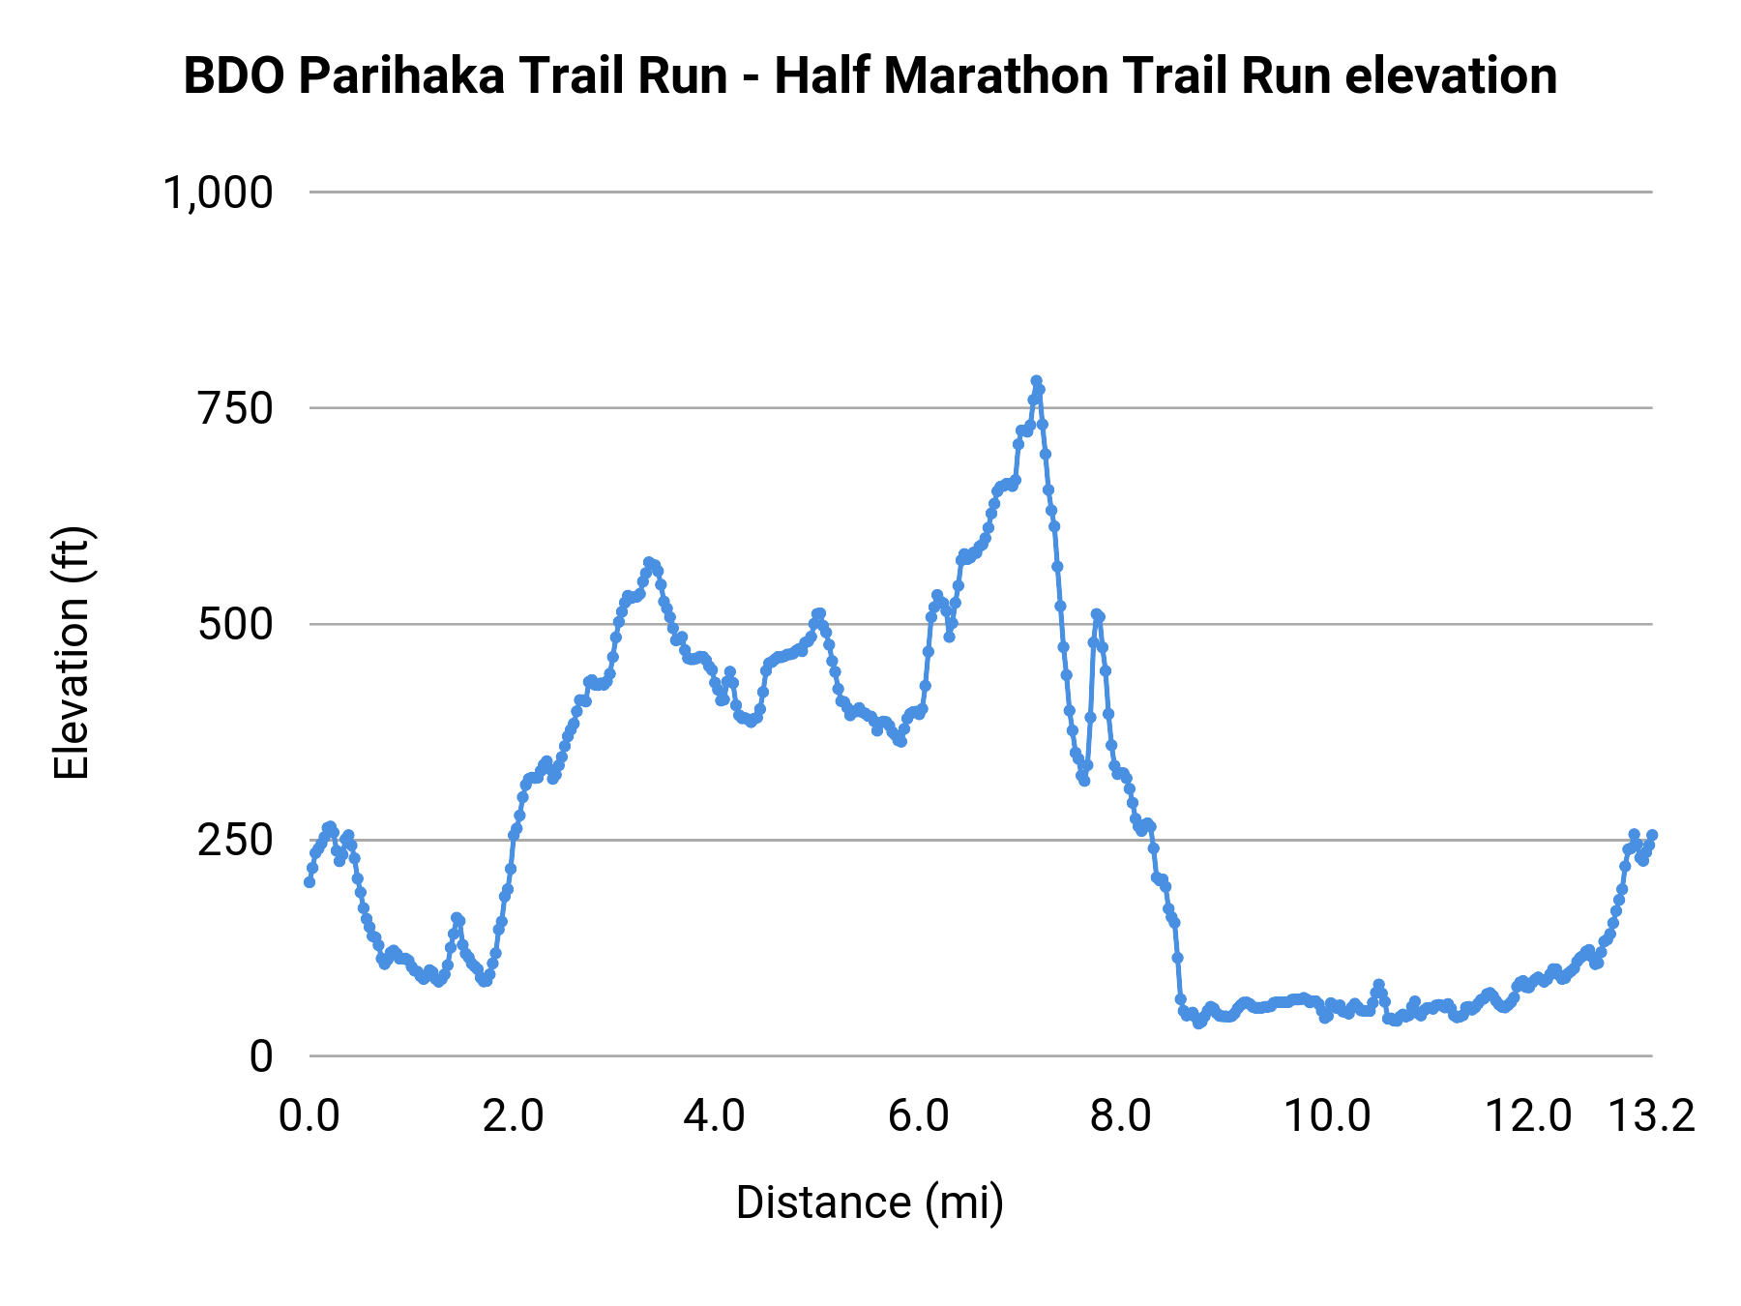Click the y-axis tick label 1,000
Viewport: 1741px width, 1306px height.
point(219,193)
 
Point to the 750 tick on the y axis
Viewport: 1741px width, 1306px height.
point(236,408)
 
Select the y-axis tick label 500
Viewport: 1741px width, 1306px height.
point(236,625)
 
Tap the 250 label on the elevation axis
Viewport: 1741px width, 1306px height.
point(236,841)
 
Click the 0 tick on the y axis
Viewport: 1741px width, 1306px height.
point(261,1056)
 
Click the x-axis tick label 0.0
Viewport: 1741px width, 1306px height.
point(310,1116)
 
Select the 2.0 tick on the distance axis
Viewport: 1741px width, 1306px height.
point(513,1116)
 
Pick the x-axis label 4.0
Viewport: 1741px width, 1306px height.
point(715,1116)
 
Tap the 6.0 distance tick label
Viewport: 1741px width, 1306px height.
point(918,1116)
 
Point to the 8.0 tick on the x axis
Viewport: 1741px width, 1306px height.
point(1121,1116)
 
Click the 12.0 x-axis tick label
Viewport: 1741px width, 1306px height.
point(1529,1116)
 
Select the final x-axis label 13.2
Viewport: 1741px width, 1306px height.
point(1652,1116)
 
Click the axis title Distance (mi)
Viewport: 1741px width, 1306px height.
point(870,1202)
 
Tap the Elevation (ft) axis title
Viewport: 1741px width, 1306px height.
point(73,653)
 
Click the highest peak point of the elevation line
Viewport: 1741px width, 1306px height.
point(1036,381)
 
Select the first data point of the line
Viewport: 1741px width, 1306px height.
point(310,881)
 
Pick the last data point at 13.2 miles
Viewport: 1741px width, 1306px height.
point(1652,835)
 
